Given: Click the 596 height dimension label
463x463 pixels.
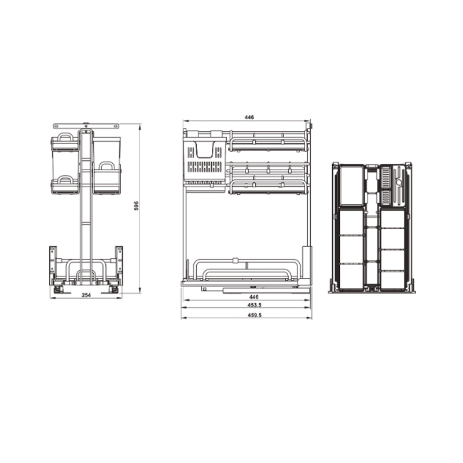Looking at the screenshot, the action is click(x=136, y=206).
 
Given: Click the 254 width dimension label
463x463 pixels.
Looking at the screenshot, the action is click(x=86, y=295).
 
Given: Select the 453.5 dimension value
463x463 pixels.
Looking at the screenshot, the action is click(x=255, y=305).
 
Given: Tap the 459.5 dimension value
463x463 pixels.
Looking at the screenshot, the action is click(x=255, y=315).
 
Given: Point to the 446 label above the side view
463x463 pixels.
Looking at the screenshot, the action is click(x=249, y=117).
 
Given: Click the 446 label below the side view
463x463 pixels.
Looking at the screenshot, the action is click(x=253, y=297).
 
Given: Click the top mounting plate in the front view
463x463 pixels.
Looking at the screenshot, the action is click(x=86, y=126).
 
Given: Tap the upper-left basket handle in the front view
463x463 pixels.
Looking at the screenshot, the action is click(x=65, y=137).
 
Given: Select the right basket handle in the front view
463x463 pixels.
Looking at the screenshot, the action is click(x=106, y=165).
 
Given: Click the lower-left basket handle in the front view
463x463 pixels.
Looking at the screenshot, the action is click(x=65, y=179).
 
